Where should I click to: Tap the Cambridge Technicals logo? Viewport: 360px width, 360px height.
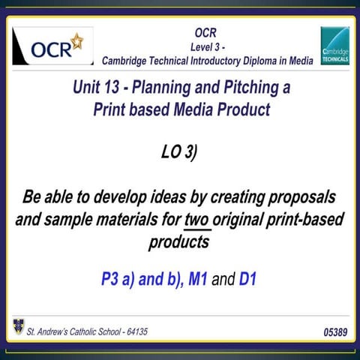pos(334,46)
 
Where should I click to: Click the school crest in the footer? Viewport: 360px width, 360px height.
pos(18,327)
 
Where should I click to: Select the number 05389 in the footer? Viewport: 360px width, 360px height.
pos(332,331)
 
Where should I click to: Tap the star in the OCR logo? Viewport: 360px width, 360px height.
pos(76,40)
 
